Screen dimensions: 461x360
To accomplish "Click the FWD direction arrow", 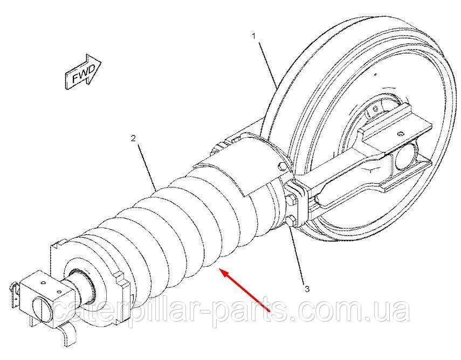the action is point(83,72).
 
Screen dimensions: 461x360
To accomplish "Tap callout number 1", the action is point(254,37).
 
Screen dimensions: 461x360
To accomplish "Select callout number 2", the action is point(134,138).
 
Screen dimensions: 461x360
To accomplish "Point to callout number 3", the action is point(307,289).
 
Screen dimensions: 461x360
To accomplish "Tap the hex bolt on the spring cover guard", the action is point(281,167).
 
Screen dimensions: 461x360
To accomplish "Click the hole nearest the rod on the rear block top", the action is point(59,292).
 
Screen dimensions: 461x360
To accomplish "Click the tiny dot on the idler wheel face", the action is point(375,74).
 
